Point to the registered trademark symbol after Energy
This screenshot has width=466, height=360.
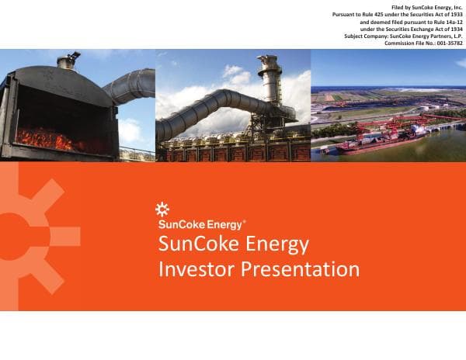tap(245, 221)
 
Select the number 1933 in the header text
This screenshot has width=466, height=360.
tap(454, 15)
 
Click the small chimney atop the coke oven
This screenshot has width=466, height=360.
tap(68, 60)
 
